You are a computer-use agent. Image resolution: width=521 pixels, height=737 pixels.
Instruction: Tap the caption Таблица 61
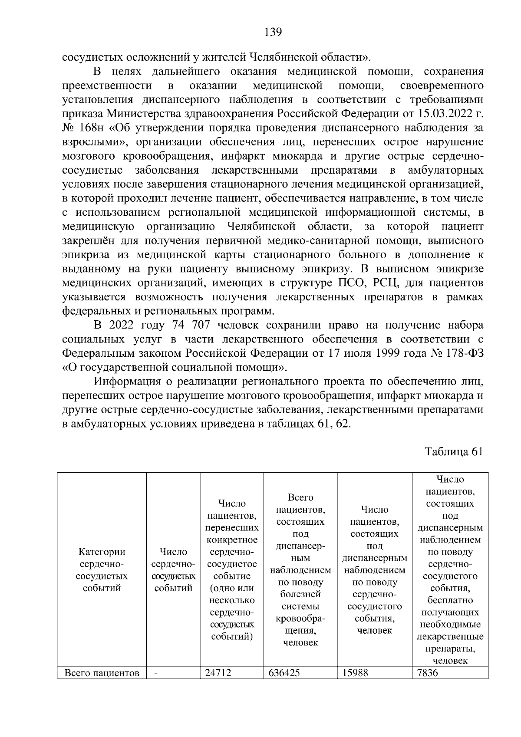454,451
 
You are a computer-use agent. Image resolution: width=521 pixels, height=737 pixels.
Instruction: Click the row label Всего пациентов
102,673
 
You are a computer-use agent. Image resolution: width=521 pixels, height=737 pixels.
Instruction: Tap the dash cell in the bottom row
156,673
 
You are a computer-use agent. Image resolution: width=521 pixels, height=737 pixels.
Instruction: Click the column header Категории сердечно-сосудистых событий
102,569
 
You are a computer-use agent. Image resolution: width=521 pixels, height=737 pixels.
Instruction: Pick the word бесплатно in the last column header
450,600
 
